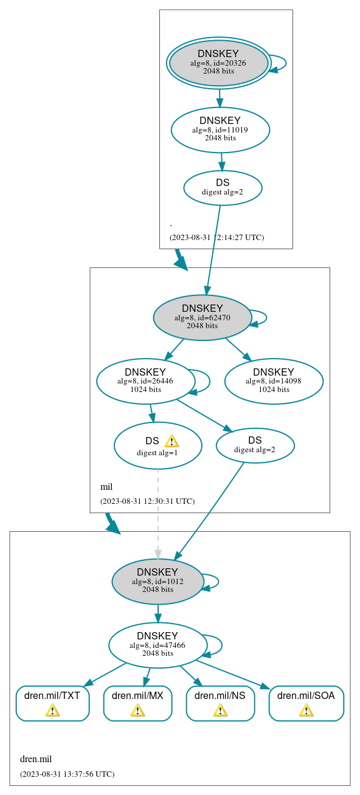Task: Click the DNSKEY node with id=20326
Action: coord(218,63)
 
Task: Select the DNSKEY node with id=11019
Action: coord(220,129)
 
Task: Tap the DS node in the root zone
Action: coord(223,188)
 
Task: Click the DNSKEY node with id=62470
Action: coord(202,317)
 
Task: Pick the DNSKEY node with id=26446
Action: coord(146,381)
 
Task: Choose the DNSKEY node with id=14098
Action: coord(274,381)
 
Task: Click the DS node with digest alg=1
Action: coord(157,446)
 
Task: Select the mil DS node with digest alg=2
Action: coord(255,446)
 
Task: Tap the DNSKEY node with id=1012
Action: coord(157,581)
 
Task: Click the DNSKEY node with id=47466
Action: coord(157,645)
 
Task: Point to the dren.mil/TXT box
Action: coord(52,703)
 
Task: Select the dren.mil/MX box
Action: coord(137,703)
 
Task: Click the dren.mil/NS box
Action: coord(220,703)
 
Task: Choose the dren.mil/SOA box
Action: coord(306,703)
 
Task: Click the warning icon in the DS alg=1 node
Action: coord(171,441)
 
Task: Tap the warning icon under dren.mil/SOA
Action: coord(306,710)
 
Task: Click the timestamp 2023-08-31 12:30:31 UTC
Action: coord(147,501)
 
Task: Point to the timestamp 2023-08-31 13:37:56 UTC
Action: coord(67,774)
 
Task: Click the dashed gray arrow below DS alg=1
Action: coord(158,511)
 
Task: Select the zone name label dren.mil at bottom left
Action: coord(36,759)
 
